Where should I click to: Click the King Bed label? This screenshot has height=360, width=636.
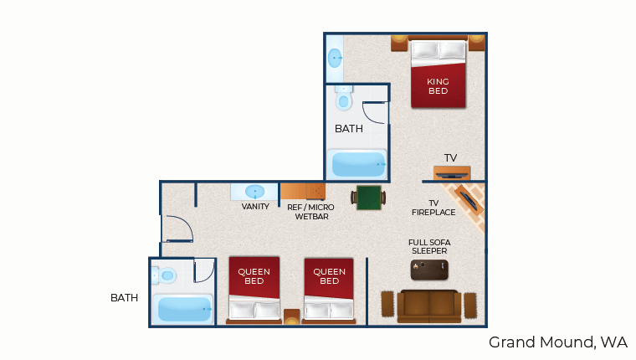click(x=438, y=86)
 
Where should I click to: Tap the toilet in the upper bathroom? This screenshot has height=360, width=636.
click(x=344, y=97)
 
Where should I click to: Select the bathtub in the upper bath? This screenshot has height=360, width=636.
click(x=358, y=164)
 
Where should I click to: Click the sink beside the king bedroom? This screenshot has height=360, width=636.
click(x=335, y=58)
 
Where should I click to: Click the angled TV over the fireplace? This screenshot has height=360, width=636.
click(x=469, y=200)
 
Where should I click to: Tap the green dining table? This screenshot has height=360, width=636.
click(x=368, y=198)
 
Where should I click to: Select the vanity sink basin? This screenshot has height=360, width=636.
click(x=254, y=191)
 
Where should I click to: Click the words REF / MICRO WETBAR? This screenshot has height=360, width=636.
click(x=311, y=212)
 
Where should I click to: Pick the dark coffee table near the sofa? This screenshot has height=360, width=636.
click(x=429, y=270)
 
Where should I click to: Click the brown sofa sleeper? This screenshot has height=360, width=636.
click(x=428, y=306)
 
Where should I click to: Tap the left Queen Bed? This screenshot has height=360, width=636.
click(x=254, y=290)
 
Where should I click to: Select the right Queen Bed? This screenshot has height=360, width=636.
click(x=329, y=290)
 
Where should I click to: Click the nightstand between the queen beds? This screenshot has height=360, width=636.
click(x=291, y=316)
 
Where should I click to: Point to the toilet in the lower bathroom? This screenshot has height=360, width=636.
click(x=164, y=275)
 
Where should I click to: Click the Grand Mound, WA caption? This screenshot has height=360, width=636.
click(x=557, y=342)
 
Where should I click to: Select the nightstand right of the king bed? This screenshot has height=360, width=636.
click(x=477, y=43)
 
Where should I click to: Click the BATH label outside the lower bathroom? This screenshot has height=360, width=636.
click(x=124, y=298)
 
